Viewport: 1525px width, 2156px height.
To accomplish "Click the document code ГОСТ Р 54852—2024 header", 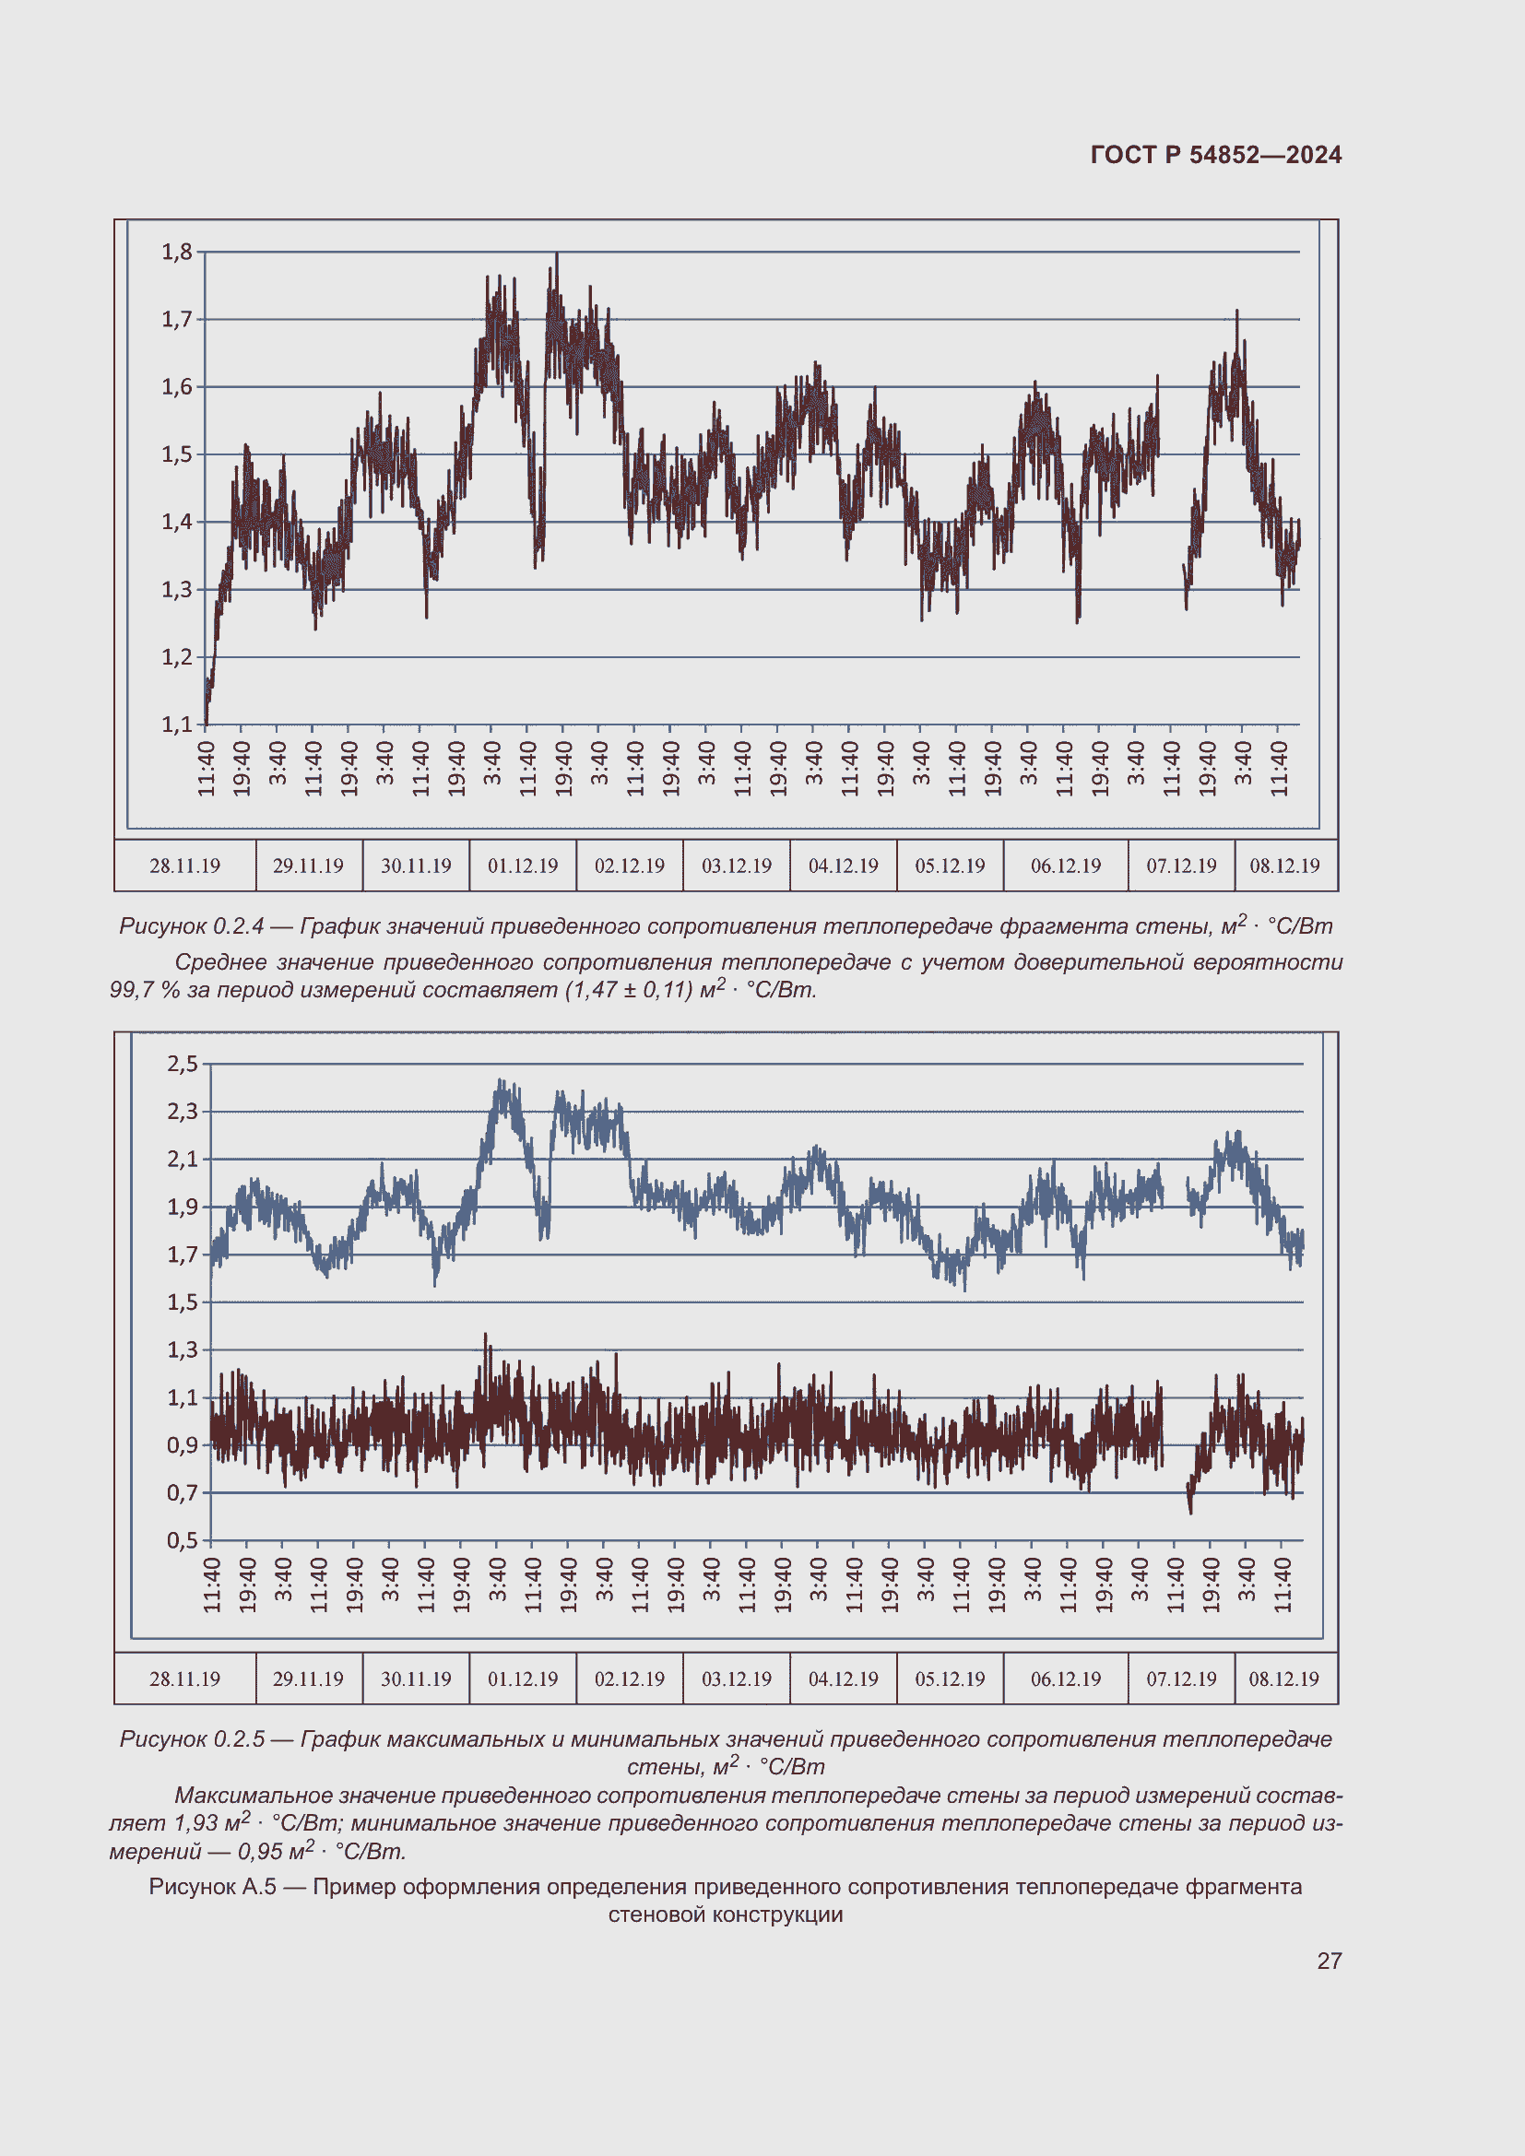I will click(x=1215, y=155).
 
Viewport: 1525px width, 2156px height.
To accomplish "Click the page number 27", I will click(x=1329, y=1962).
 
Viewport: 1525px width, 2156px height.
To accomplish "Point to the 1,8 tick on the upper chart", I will click(x=176, y=252).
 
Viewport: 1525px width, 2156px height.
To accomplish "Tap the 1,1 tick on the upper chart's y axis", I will click(x=176, y=724).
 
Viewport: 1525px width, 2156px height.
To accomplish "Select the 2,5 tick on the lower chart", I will click(x=183, y=1064).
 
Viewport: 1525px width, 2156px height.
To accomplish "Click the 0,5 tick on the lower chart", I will click(x=183, y=1540).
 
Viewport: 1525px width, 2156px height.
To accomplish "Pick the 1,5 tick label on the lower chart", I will click(x=183, y=1302).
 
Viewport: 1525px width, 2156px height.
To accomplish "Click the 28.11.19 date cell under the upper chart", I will click(x=185, y=866).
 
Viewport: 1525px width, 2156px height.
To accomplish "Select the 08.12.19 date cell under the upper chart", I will click(x=1283, y=866).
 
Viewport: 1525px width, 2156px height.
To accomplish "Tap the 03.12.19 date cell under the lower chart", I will click(x=736, y=1679).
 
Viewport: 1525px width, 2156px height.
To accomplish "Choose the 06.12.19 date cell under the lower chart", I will click(x=1066, y=1679).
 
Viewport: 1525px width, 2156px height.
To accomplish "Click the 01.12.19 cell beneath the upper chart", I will click(x=522, y=866).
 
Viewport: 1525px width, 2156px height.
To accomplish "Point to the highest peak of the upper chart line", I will click(x=557, y=254).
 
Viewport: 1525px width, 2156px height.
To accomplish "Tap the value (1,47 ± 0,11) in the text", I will click(x=628, y=991).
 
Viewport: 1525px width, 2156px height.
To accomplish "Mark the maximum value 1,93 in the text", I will click(x=195, y=1824).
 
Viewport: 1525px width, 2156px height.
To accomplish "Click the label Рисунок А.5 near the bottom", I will click(x=212, y=1888).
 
